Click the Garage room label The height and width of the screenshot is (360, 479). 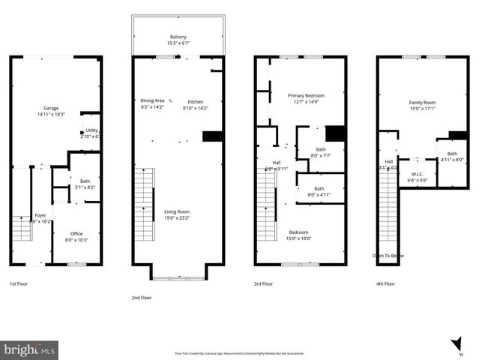click(x=51, y=108)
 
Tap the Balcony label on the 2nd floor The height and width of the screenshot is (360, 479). click(x=177, y=37)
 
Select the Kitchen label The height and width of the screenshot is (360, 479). click(x=195, y=102)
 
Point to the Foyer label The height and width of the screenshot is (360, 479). click(x=40, y=216)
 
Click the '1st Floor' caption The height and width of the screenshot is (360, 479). click(x=18, y=284)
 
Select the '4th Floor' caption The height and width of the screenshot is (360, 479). click(x=385, y=284)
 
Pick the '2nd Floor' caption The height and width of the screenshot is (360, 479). click(x=141, y=298)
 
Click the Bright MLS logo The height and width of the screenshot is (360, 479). click(x=30, y=349)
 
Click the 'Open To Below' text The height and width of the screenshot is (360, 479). click(x=388, y=256)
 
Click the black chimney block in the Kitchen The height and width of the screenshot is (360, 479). click(x=213, y=136)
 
